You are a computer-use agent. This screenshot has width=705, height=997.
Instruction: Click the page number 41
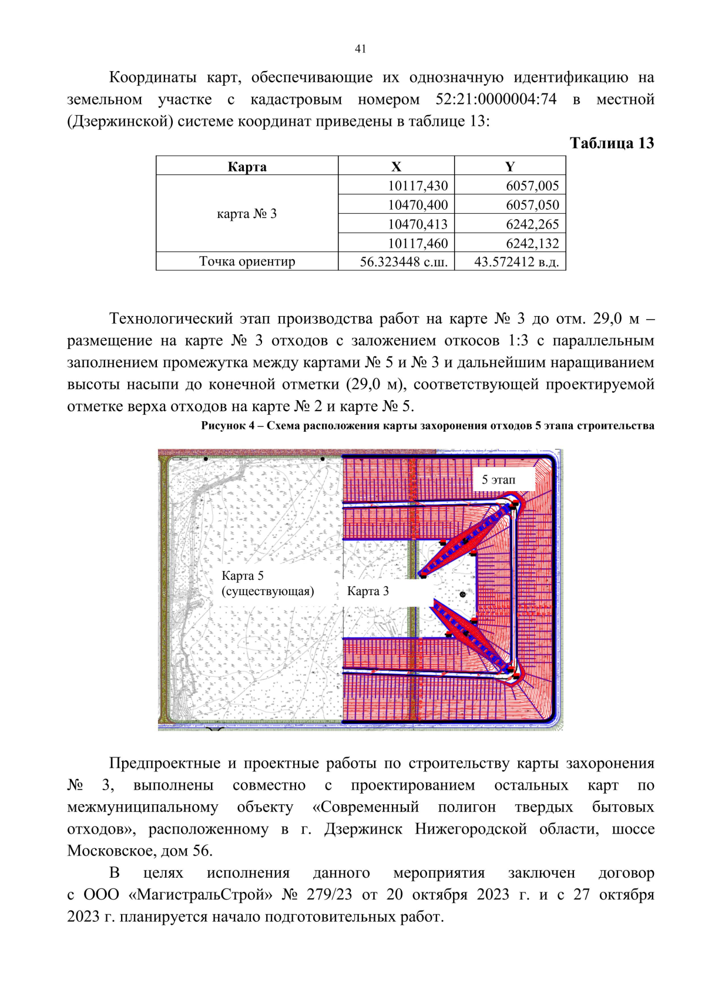pyautogui.click(x=360, y=49)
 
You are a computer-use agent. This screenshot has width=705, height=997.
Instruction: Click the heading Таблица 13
pyautogui.click(x=612, y=143)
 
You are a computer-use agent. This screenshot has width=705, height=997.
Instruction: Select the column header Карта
pyautogui.click(x=247, y=167)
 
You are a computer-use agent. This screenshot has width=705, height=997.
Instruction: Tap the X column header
pyautogui.click(x=396, y=167)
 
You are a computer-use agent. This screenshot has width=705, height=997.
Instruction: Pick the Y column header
pyautogui.click(x=509, y=167)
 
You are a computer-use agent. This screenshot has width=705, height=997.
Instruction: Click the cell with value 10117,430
pyautogui.click(x=418, y=186)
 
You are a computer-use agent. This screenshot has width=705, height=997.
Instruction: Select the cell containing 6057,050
pyautogui.click(x=532, y=205)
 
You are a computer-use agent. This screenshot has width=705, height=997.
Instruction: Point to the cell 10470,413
pyautogui.click(x=418, y=224)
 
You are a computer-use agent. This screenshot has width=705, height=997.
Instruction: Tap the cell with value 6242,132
pyautogui.click(x=532, y=243)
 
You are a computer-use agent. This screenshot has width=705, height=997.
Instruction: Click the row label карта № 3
pyautogui.click(x=247, y=214)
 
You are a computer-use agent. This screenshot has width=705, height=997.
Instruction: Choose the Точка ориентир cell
pyautogui.click(x=247, y=261)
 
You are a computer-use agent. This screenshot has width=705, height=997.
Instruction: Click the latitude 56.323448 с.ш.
pyautogui.click(x=404, y=262)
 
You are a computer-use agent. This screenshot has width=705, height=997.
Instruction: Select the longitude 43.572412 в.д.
pyautogui.click(x=516, y=262)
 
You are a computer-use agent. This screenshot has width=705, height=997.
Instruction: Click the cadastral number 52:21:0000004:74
pyautogui.click(x=496, y=99)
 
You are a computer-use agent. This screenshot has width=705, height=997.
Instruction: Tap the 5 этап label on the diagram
pyautogui.click(x=498, y=480)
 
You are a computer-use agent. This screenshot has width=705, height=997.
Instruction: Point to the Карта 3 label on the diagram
pyautogui.click(x=368, y=591)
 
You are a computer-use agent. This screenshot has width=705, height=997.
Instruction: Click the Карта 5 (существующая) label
pyautogui.click(x=267, y=583)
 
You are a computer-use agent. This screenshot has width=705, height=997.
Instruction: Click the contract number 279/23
pyautogui.click(x=329, y=895)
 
